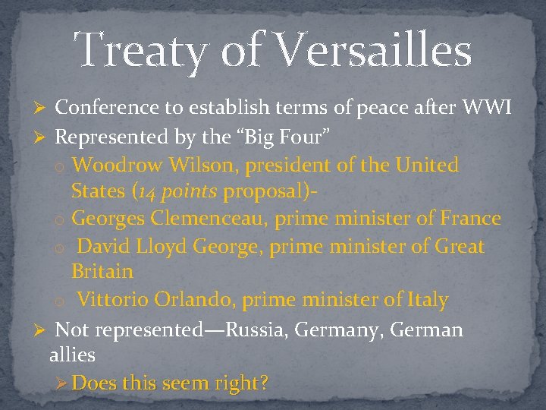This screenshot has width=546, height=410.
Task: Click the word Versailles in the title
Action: (371, 51)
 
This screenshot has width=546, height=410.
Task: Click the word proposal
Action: (265, 191)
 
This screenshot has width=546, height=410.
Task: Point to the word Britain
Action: (102, 272)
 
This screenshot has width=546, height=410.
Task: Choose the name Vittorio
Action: (113, 300)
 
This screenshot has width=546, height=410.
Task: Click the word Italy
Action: (428, 300)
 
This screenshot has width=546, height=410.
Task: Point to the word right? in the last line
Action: (243, 383)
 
